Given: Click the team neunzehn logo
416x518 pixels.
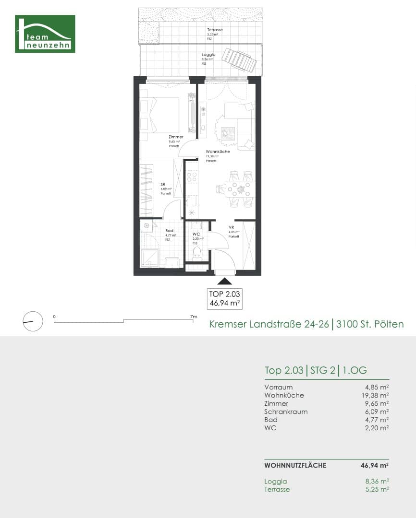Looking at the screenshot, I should click(x=45, y=34).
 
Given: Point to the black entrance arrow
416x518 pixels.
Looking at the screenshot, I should click(x=224, y=282).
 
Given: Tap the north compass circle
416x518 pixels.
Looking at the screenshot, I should click(x=33, y=321).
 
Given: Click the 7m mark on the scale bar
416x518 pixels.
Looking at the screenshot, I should click(x=194, y=317).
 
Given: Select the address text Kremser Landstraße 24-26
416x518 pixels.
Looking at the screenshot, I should click(x=269, y=325).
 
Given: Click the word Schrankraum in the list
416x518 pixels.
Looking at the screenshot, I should click(x=286, y=412).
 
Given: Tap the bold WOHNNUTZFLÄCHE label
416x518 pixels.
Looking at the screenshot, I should click(x=295, y=465).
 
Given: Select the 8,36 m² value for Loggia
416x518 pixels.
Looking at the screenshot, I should click(x=377, y=481).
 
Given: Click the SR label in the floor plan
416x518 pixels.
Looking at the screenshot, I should click(x=163, y=184).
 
